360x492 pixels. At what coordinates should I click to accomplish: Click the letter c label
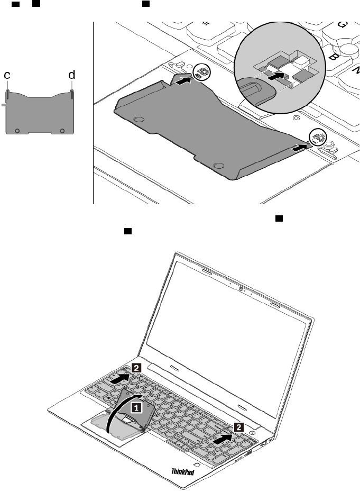point(7,76)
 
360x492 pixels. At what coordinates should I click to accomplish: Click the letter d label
point(72,76)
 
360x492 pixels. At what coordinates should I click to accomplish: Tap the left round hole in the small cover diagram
point(17,130)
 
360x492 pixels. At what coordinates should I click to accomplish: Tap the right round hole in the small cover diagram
point(62,130)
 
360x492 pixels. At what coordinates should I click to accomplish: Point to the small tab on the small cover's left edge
point(4,105)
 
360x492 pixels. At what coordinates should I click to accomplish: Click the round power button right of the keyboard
point(254,432)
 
